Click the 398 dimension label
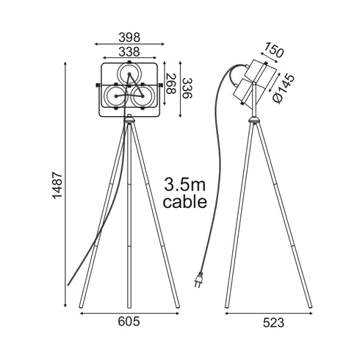tap(129, 37)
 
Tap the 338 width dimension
tap(129, 51)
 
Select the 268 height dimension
tap(171, 84)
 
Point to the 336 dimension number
tap(188, 88)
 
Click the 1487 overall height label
tap(58, 185)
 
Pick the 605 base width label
tap(129, 321)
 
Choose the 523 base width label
tap(273, 323)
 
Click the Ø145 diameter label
tap(284, 88)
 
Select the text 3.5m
tap(184, 184)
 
